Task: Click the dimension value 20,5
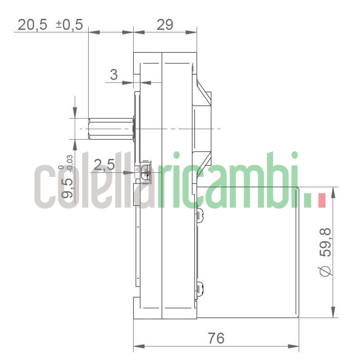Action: [x=32, y=24]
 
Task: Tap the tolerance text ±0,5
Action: [x=69, y=24]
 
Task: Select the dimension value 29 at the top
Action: [x=165, y=24]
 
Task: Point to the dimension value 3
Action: [x=114, y=75]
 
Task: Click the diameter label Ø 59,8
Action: [x=325, y=252]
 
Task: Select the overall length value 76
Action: [x=216, y=338]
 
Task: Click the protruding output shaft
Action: [x=110, y=129]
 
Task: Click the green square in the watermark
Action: [x=308, y=201]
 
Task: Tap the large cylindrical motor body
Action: [x=247, y=252]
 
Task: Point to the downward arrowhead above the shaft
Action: [x=75, y=113]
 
